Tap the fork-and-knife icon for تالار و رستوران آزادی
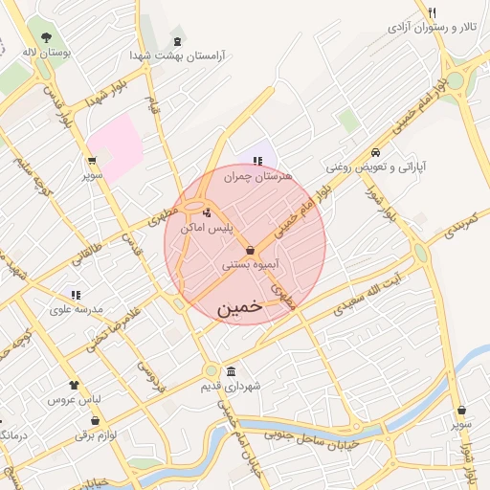[x=433, y=11]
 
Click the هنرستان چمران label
[x=256, y=176]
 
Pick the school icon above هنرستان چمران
[x=256, y=161]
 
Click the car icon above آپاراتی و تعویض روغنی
[x=376, y=152]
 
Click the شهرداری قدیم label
[x=232, y=387]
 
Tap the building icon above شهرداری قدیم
[x=231, y=371]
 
